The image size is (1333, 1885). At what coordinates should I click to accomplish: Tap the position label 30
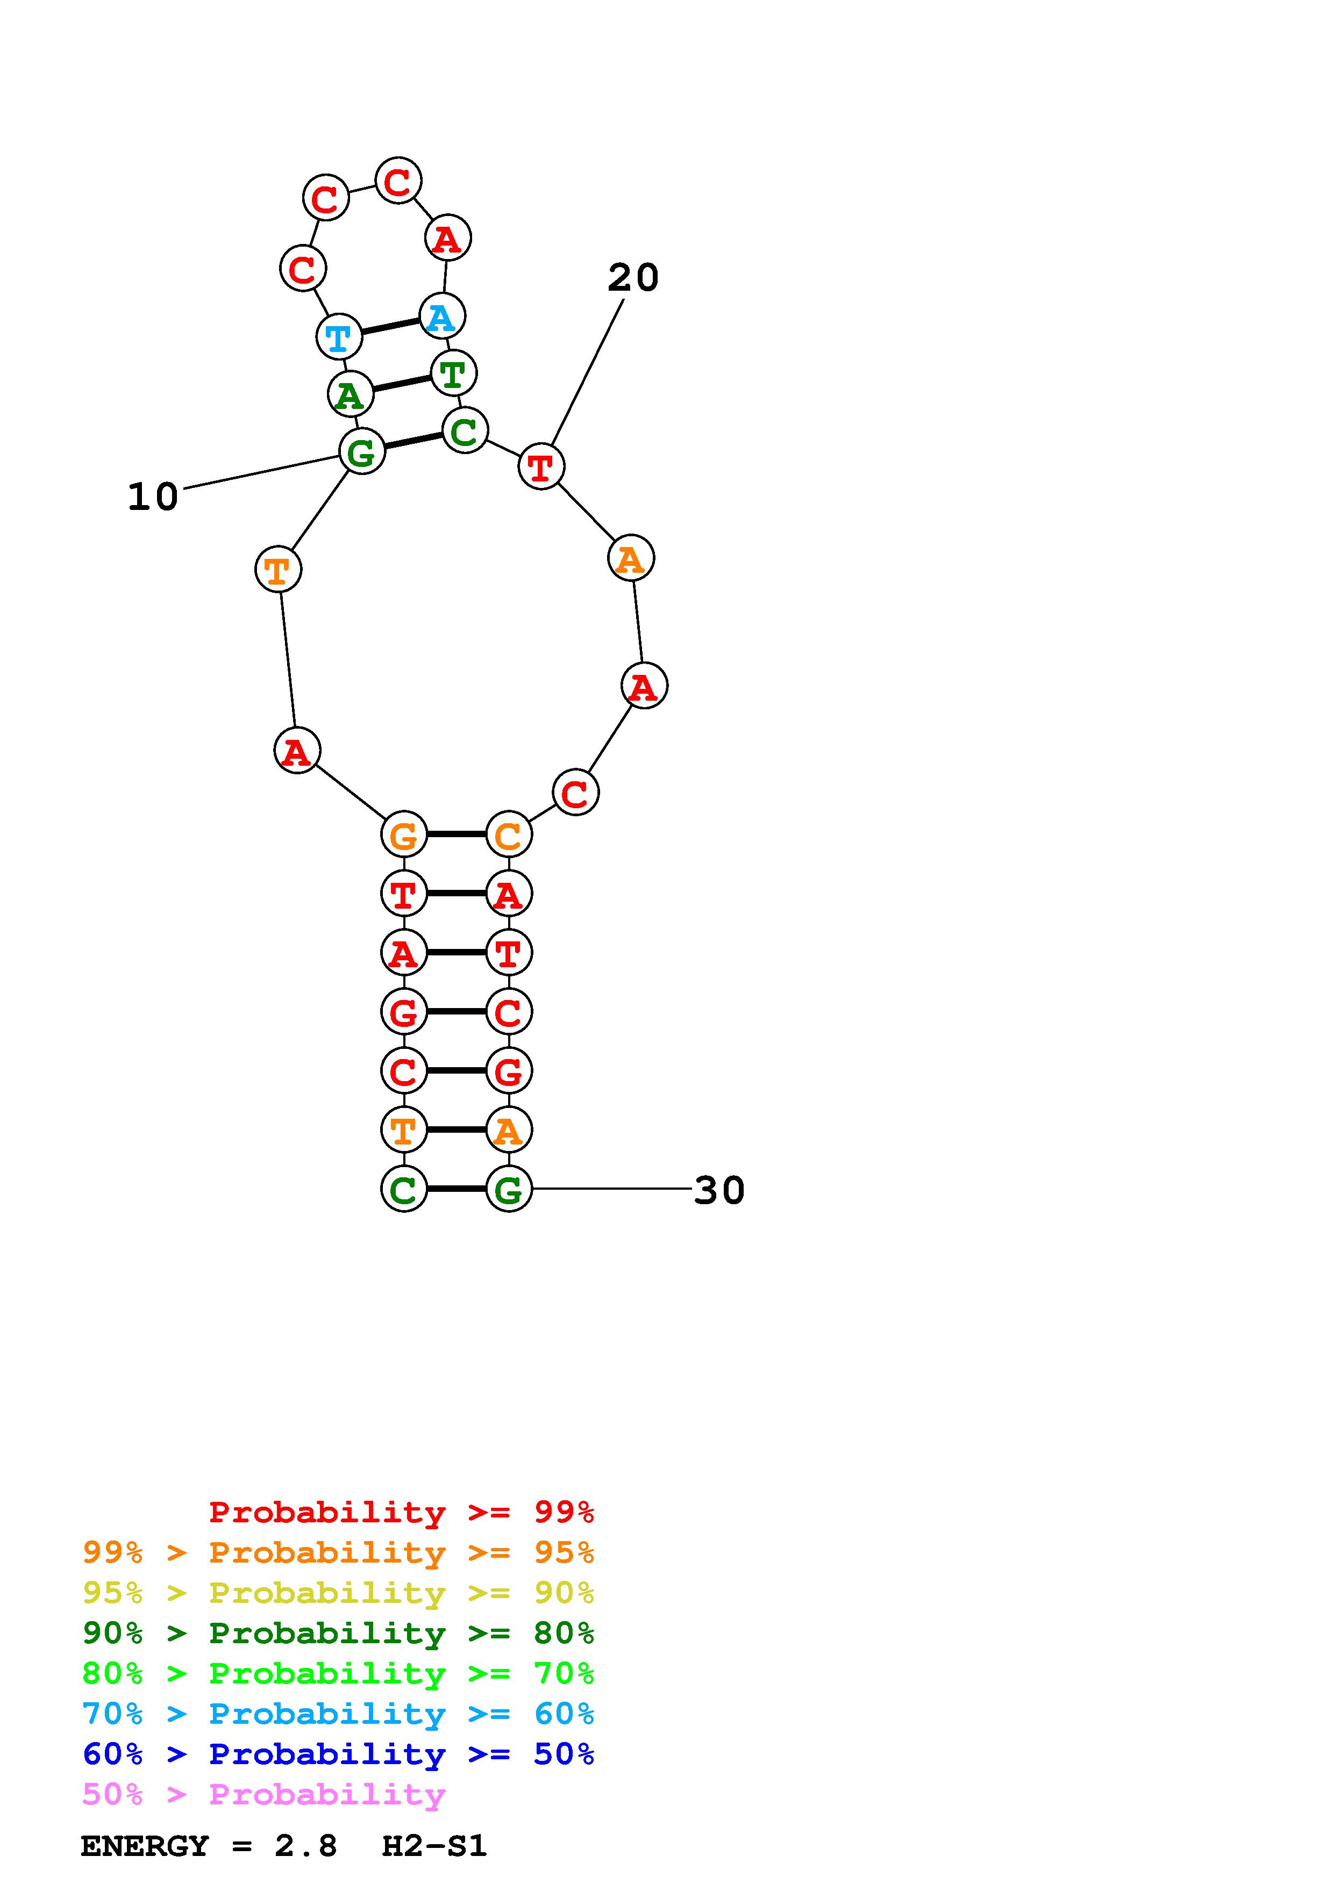click(719, 1190)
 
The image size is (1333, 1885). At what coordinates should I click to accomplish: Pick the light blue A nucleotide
click(442, 316)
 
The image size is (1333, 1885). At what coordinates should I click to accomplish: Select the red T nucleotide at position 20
click(541, 466)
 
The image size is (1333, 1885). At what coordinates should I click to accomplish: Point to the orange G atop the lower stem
click(404, 835)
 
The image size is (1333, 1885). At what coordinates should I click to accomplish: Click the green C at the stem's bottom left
click(404, 1189)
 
